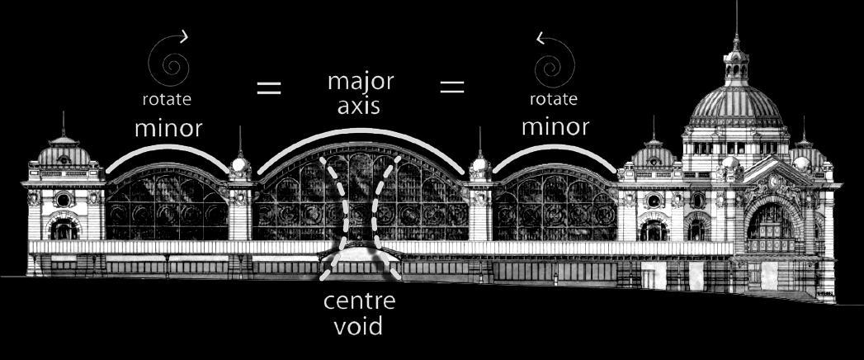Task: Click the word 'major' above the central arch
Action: [x=361, y=83]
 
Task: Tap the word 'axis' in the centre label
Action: [x=361, y=107]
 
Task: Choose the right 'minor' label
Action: [x=555, y=126]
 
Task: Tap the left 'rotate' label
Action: [x=168, y=100]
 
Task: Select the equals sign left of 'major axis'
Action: [x=269, y=88]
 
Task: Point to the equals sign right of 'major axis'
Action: [x=452, y=87]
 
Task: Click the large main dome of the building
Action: [x=735, y=106]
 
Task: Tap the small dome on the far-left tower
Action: [x=64, y=154]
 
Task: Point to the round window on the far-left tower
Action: [x=63, y=199]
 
